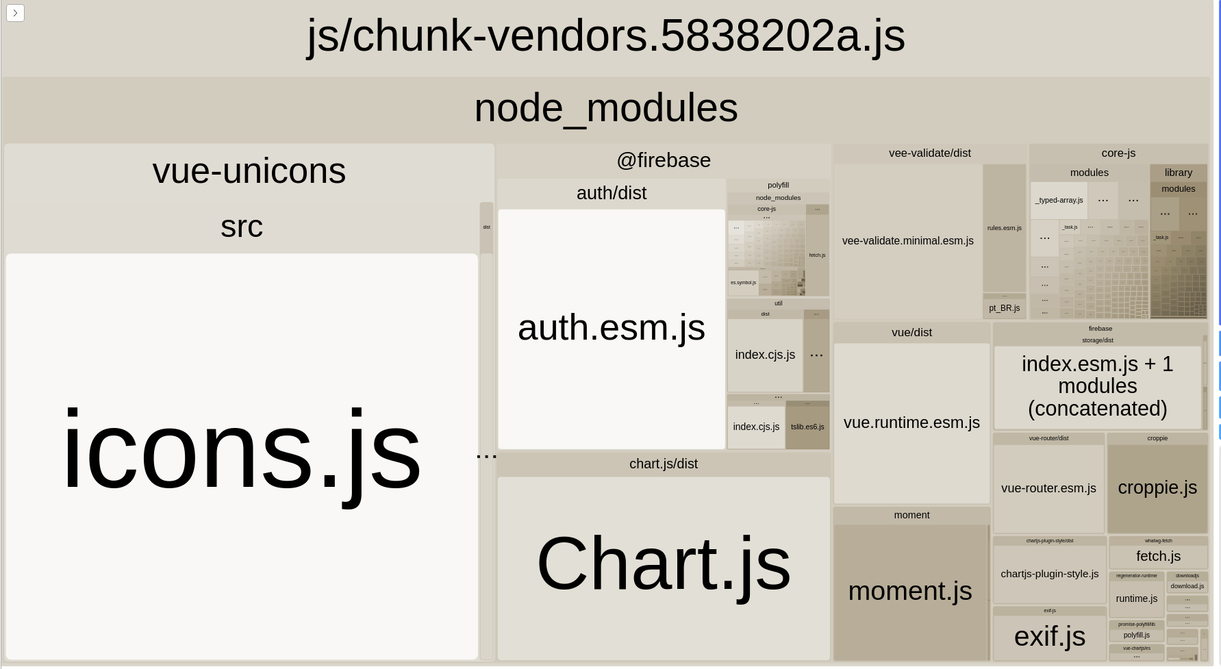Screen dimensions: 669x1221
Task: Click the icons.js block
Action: point(241,452)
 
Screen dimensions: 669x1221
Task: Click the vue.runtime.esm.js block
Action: point(911,423)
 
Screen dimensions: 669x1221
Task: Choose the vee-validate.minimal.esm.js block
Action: point(907,241)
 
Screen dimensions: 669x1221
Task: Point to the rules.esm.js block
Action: point(1004,228)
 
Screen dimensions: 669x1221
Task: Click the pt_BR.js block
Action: point(1004,308)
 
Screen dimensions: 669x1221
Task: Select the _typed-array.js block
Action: point(1059,201)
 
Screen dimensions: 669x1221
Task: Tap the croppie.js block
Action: point(1157,488)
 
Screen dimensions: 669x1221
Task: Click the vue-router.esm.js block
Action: point(1048,488)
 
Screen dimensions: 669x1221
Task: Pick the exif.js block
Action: point(1049,637)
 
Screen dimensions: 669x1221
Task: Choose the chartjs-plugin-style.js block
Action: point(1049,574)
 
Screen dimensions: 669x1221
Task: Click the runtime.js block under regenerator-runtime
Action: point(1136,599)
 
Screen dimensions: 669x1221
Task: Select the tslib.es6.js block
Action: point(807,427)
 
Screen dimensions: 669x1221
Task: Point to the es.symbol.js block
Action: point(743,283)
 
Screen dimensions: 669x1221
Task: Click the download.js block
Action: point(1187,586)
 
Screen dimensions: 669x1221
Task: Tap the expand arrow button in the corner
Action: point(15,13)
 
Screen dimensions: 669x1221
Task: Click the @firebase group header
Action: point(663,160)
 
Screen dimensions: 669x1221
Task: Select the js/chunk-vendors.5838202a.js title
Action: point(605,36)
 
